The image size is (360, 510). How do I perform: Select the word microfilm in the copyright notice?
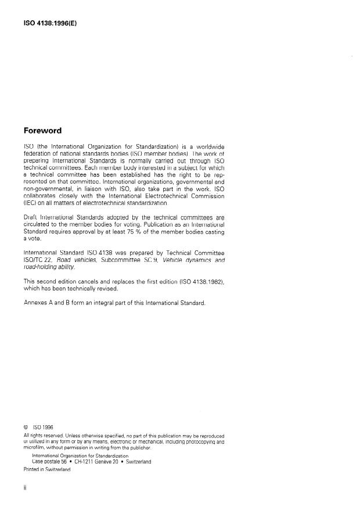coord(34,448)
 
